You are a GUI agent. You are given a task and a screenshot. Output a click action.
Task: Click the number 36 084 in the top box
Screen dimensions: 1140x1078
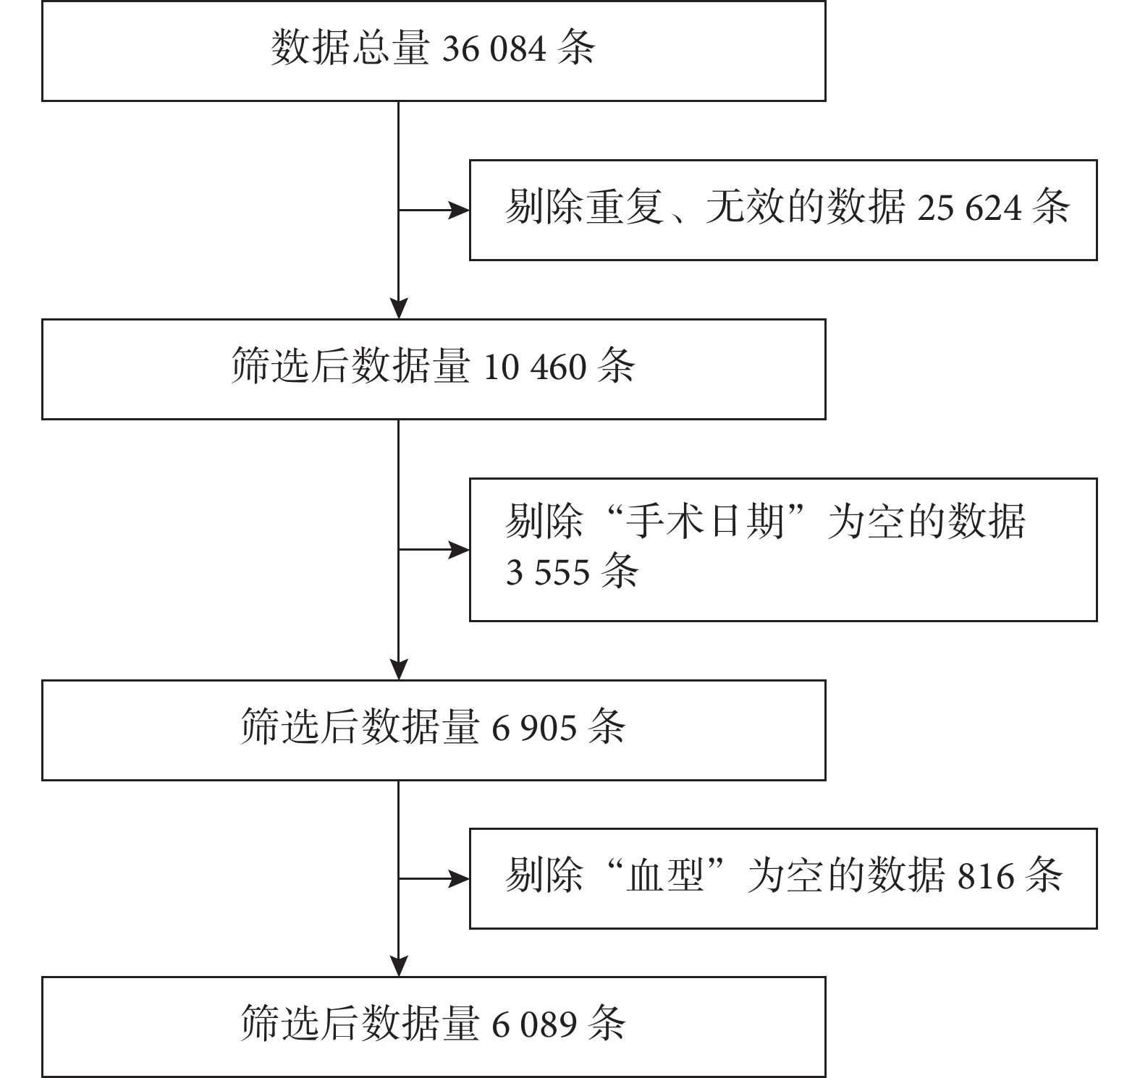pyautogui.click(x=493, y=48)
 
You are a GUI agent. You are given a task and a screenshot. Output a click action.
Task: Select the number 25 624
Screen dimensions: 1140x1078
pyautogui.click(x=970, y=208)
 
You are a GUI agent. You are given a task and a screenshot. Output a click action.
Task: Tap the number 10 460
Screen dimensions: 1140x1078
pyautogui.click(x=534, y=367)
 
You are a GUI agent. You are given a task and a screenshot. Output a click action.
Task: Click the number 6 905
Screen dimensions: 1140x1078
pyautogui.click(x=534, y=728)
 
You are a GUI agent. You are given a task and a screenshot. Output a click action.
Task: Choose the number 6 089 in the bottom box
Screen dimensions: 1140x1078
pyautogui.click(x=534, y=1024)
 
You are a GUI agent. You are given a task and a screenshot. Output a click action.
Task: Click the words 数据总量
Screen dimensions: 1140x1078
pyautogui.click(x=350, y=48)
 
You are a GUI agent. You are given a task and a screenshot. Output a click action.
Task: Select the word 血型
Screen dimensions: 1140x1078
pyautogui.click(x=666, y=875)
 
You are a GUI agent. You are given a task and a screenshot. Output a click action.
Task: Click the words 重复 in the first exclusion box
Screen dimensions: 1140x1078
pyautogui.click(x=625, y=208)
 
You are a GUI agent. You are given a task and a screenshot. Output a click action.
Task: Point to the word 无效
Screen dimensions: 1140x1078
pyautogui.click(x=746, y=208)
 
